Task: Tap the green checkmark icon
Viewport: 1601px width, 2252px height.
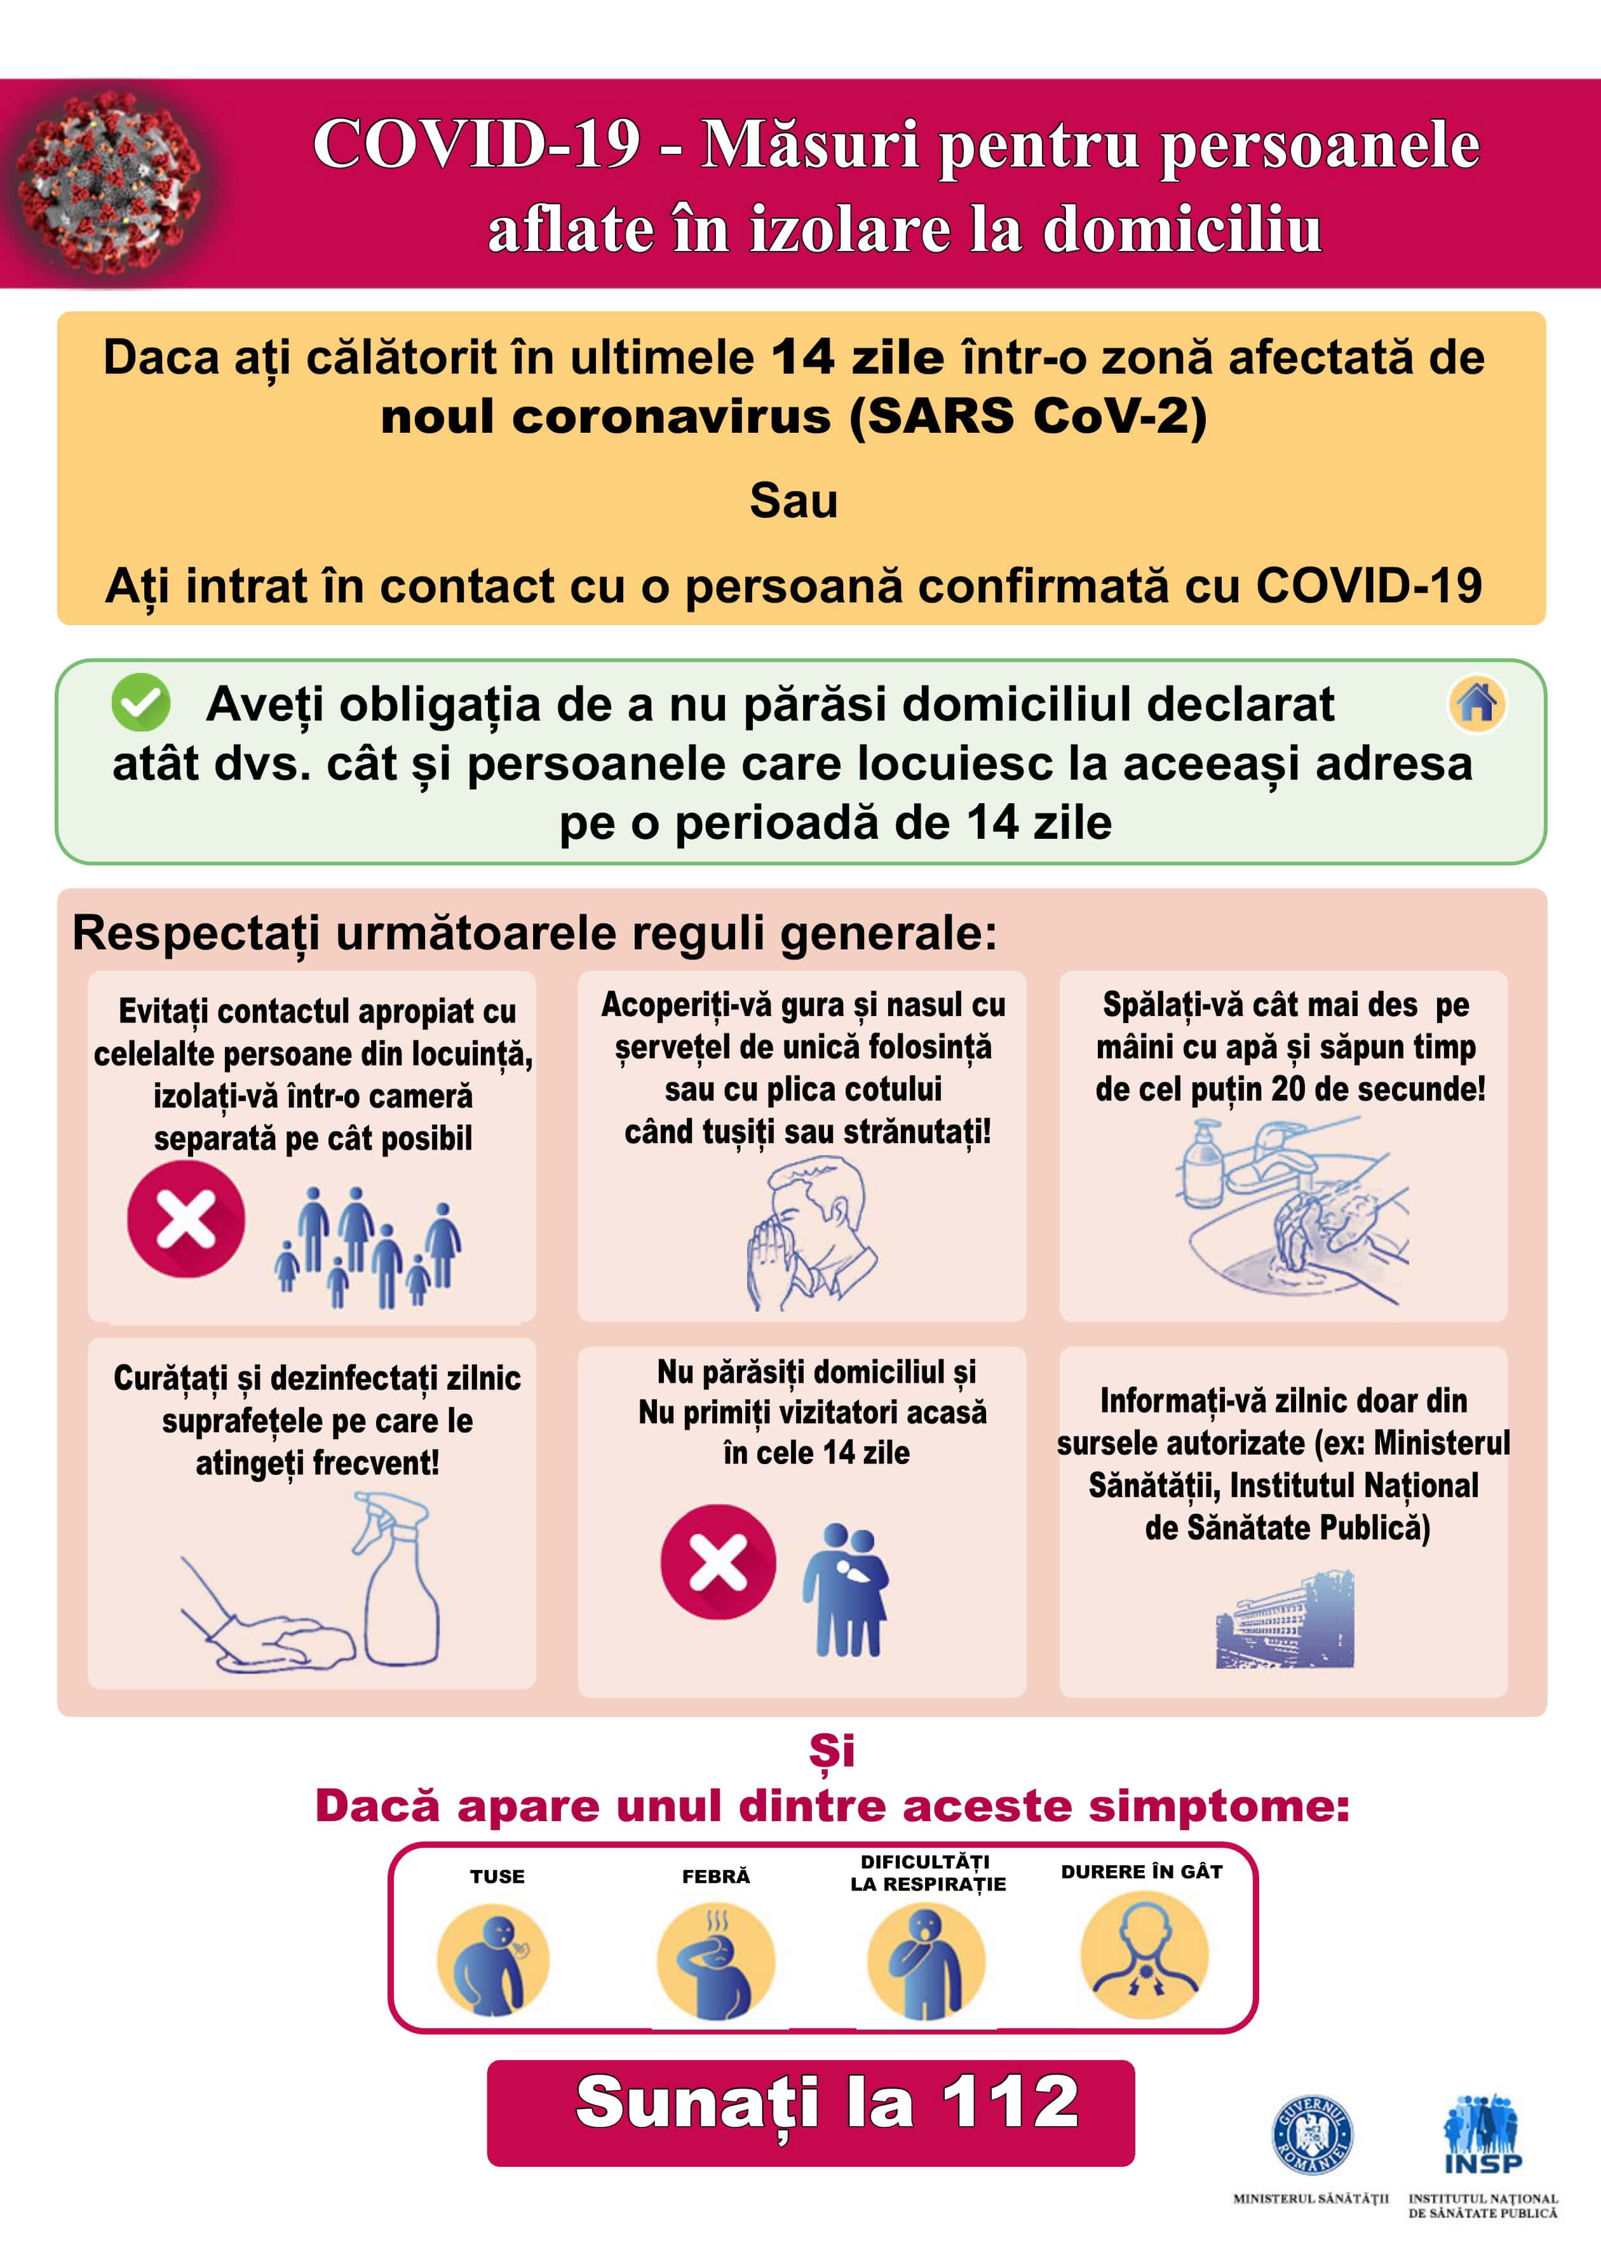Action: pos(141,702)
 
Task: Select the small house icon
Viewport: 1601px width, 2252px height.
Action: pos(1476,704)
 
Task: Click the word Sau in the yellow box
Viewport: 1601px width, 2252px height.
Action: pos(794,501)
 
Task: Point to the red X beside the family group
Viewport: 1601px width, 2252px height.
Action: pos(186,1219)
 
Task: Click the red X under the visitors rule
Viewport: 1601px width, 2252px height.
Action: pos(718,1562)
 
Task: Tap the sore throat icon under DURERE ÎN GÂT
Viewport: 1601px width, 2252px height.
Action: pos(1144,1957)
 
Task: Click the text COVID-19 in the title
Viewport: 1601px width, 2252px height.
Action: pos(477,144)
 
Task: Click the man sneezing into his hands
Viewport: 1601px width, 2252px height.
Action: pos(808,1233)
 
